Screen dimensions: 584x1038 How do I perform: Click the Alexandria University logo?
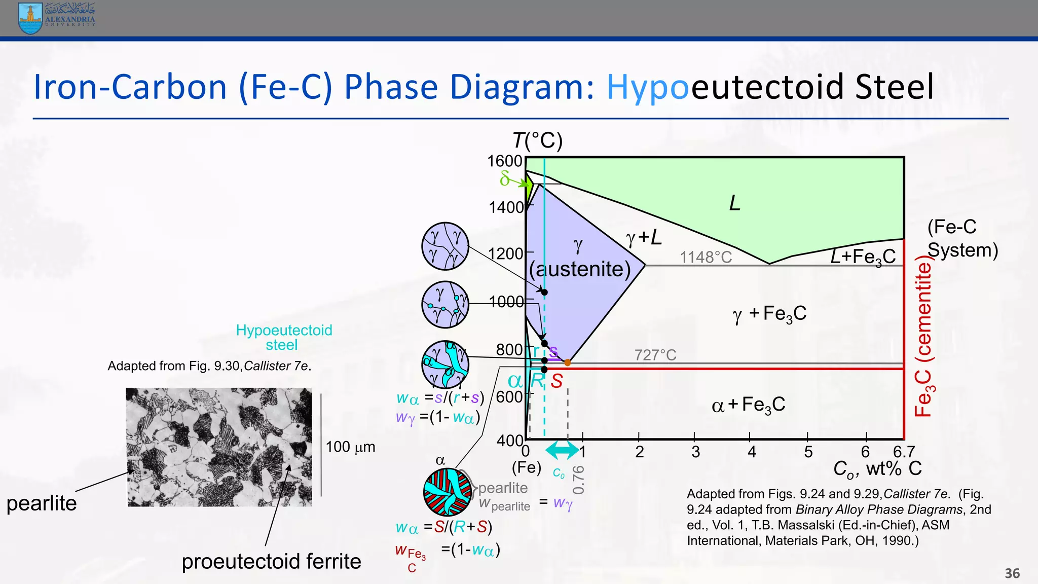[56, 18]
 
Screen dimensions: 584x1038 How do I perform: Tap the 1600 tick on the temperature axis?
[505, 161]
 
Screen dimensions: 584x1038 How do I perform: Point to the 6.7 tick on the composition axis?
[904, 451]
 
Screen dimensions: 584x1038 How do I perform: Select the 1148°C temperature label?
[706, 258]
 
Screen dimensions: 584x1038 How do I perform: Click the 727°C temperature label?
[655, 355]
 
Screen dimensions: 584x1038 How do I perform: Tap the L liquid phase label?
[734, 203]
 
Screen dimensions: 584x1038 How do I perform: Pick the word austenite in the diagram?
[580, 269]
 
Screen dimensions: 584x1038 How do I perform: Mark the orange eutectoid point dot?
[568, 362]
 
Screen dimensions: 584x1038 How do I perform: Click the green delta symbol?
[505, 178]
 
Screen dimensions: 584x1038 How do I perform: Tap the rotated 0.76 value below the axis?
[578, 480]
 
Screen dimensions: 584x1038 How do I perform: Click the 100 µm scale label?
[350, 447]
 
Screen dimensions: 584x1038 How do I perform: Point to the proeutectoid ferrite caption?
[271, 562]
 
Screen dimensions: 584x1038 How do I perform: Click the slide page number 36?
[1012, 573]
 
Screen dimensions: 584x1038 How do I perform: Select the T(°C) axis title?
[537, 140]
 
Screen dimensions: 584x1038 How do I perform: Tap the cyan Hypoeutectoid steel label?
[284, 338]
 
